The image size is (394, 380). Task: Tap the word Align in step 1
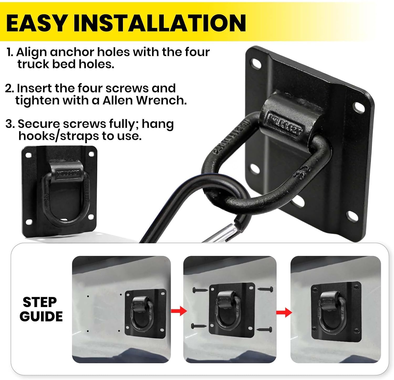pyautogui.click(x=32, y=52)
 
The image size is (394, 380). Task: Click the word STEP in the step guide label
pyautogui.click(x=40, y=302)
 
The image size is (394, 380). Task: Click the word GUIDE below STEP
pyautogui.click(x=41, y=316)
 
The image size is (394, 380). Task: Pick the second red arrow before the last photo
pyautogui.click(x=284, y=312)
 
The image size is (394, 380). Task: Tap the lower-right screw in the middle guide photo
pyautogui.click(x=265, y=329)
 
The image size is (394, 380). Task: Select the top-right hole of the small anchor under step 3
pyautogui.click(x=91, y=154)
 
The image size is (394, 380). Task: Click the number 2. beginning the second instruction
pyautogui.click(x=9, y=88)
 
